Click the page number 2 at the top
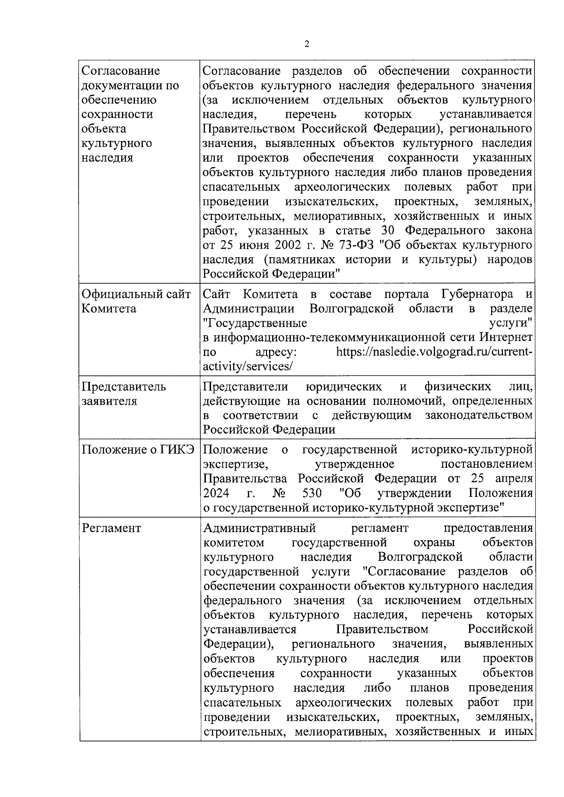307,45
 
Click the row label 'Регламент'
111,528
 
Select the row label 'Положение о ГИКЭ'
138,449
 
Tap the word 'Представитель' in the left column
124,387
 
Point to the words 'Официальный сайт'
136,294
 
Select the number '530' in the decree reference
313,493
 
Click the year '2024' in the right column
216,493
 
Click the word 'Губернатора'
478,294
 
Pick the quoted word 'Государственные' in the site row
255,323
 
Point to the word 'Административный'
259,528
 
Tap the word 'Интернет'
506,337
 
